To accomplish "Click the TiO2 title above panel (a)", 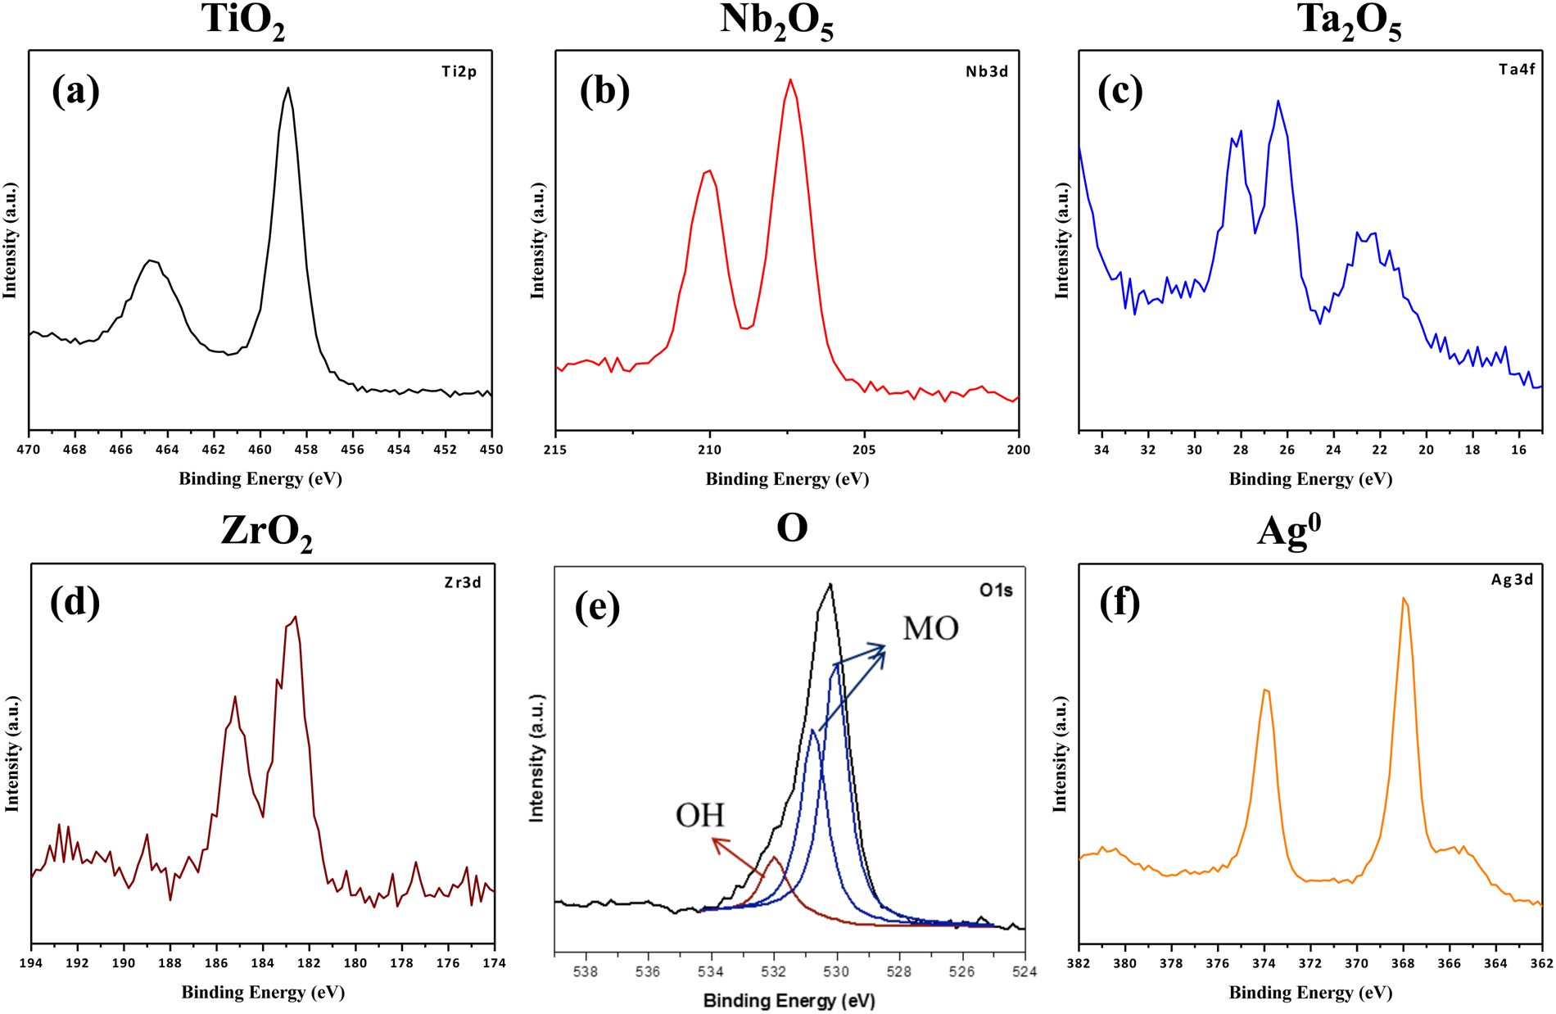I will click(x=243, y=20).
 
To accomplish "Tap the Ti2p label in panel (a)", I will click(x=459, y=72).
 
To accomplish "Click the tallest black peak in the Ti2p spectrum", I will click(x=287, y=88).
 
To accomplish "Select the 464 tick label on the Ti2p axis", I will click(x=167, y=449).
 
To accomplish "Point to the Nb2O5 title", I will click(x=776, y=20).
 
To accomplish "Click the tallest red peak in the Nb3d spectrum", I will click(x=790, y=80).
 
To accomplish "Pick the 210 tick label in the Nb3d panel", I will click(x=709, y=449).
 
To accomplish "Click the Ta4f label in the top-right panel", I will click(x=1517, y=70).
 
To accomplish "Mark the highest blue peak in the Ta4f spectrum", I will click(x=1278, y=102).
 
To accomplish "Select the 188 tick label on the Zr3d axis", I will click(x=170, y=963).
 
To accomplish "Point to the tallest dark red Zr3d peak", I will click(x=295, y=618).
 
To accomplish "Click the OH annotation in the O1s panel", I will click(x=699, y=816).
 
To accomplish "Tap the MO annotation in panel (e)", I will click(x=930, y=629).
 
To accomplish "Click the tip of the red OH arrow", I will click(x=713, y=839).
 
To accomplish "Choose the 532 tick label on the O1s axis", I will click(x=773, y=972).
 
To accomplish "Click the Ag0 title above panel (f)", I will click(x=1288, y=531).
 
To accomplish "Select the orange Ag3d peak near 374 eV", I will click(x=1266, y=690).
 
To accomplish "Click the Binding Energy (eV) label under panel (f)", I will click(x=1310, y=993).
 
